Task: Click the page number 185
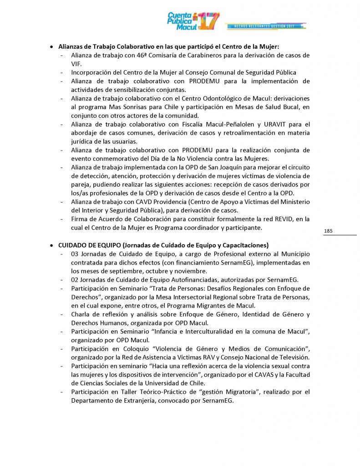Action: coord(329,231)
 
